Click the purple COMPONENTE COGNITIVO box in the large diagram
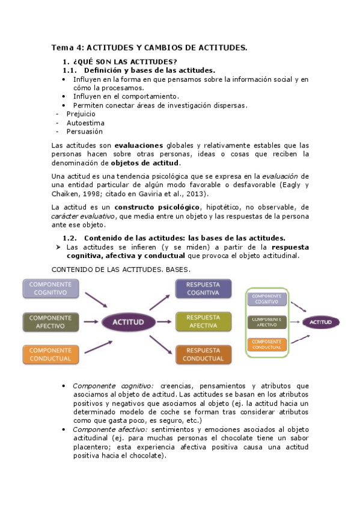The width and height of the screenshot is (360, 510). pos(50,289)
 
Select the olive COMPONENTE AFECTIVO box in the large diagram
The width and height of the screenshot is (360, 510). pos(50,321)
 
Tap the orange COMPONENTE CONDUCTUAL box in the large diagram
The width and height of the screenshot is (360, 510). pos(50,354)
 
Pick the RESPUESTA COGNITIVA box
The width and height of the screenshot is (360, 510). pos(203,289)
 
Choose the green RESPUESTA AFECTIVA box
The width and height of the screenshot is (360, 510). pos(203,322)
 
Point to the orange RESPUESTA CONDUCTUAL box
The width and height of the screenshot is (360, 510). pos(203,354)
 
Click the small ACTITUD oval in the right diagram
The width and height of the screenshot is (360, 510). pos(320,322)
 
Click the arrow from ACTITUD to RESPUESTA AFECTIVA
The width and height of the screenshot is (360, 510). pos(161,322)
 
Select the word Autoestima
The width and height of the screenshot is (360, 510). pos(85,123)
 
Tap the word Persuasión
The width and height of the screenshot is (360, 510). pos(84,131)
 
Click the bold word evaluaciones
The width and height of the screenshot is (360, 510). pos(138,146)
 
